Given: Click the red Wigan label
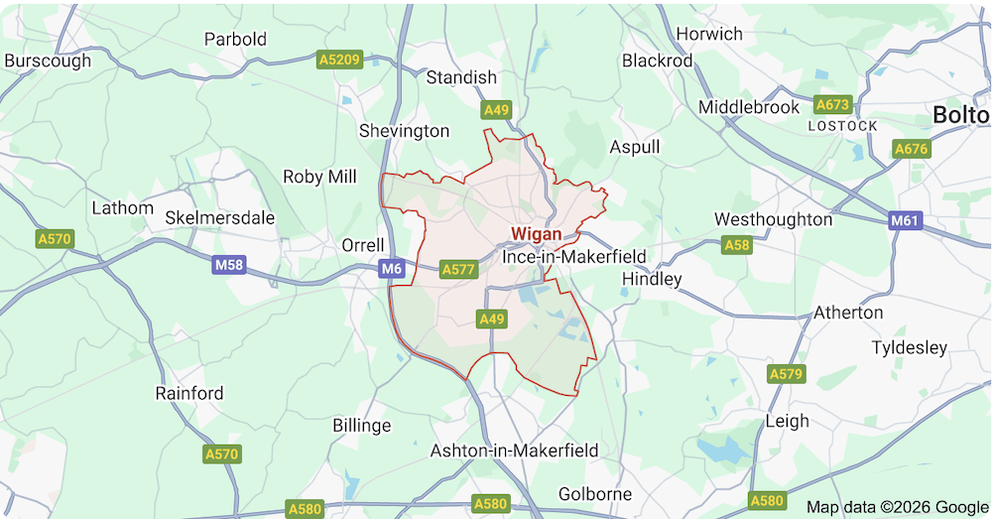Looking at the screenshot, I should point(536,234).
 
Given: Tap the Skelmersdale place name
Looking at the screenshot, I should point(220,217).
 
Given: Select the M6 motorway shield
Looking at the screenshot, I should point(392,268).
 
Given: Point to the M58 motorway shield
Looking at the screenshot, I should point(228,266).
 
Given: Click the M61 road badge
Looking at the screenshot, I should point(905,220).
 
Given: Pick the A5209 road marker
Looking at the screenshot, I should point(339,61).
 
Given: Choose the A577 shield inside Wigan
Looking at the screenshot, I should point(459,269).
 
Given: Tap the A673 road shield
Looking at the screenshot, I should point(832,103).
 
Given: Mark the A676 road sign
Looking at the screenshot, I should point(911,149).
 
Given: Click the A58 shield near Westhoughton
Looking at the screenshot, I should point(737,244).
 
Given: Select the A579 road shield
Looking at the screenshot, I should point(786,373).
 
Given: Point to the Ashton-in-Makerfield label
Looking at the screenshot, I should point(514,451).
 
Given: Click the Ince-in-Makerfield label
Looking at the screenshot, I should point(574,257).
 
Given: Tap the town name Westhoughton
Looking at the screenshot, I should point(774,218).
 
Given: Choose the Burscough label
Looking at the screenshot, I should point(48,61).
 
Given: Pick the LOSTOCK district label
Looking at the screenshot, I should point(843,126).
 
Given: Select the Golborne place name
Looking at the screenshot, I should point(595,494).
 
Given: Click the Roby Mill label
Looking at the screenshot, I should point(319,177).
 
